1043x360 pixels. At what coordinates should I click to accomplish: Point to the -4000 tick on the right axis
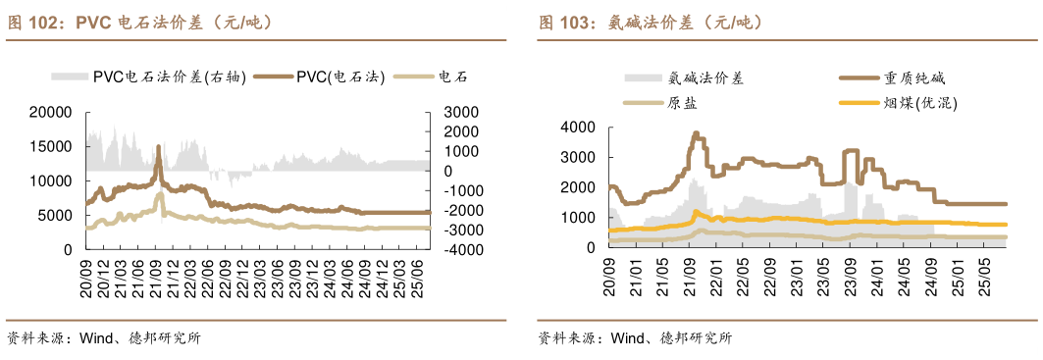pos(462,250)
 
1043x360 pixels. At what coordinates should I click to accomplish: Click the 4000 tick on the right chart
pos(577,127)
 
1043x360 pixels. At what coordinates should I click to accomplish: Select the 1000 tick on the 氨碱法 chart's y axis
pos(577,218)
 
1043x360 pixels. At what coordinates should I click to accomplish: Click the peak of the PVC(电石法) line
pos(158,147)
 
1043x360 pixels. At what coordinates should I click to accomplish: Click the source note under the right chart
pos(634,339)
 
